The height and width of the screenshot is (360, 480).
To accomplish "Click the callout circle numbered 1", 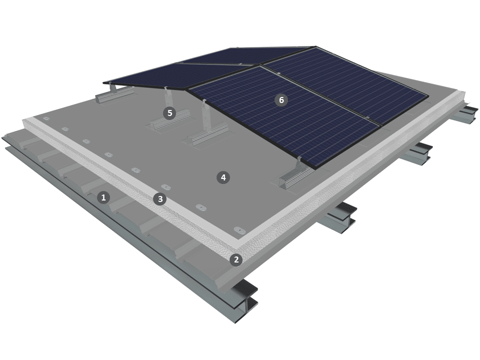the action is click(x=103, y=197).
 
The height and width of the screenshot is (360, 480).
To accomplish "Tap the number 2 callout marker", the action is click(x=236, y=259).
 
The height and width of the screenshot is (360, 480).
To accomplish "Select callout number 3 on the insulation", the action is click(x=160, y=199).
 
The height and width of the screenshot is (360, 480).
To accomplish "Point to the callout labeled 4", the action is click(x=223, y=177).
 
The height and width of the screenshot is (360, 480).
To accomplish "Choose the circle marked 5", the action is click(x=169, y=113).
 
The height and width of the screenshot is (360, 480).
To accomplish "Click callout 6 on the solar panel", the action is click(x=281, y=100).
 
